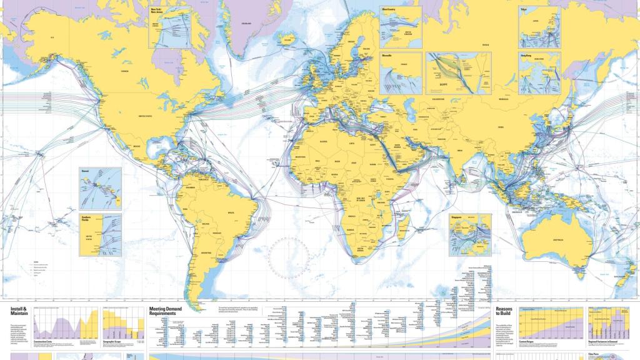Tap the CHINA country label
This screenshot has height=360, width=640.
click(x=500, y=127)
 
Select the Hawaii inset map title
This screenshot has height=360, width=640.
click(x=84, y=170)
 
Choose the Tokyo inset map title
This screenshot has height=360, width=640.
click(x=524, y=10)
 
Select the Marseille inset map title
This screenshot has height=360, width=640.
click(x=388, y=55)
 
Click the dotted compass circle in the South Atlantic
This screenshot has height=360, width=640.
click(x=289, y=258)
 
